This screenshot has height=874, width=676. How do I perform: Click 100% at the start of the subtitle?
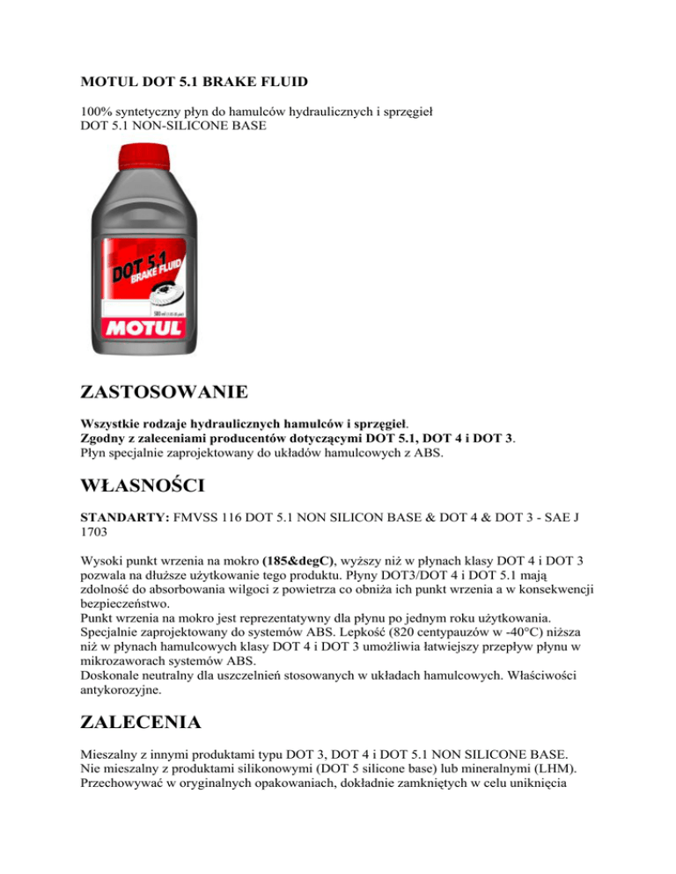[88, 112]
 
